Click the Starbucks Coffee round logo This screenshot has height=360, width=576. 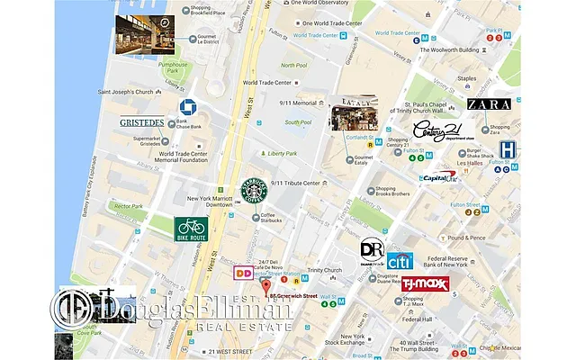pos(254,192)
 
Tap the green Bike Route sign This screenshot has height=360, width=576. pos(191,229)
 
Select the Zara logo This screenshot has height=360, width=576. pos(489,105)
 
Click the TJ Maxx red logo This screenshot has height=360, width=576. pos(426,285)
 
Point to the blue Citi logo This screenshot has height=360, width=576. pos(400,262)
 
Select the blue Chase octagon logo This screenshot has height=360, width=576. pos(187,107)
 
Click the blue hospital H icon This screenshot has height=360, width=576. pos(508,150)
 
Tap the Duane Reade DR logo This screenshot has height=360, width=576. pos(372,249)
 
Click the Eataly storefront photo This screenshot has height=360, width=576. pos(353,114)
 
